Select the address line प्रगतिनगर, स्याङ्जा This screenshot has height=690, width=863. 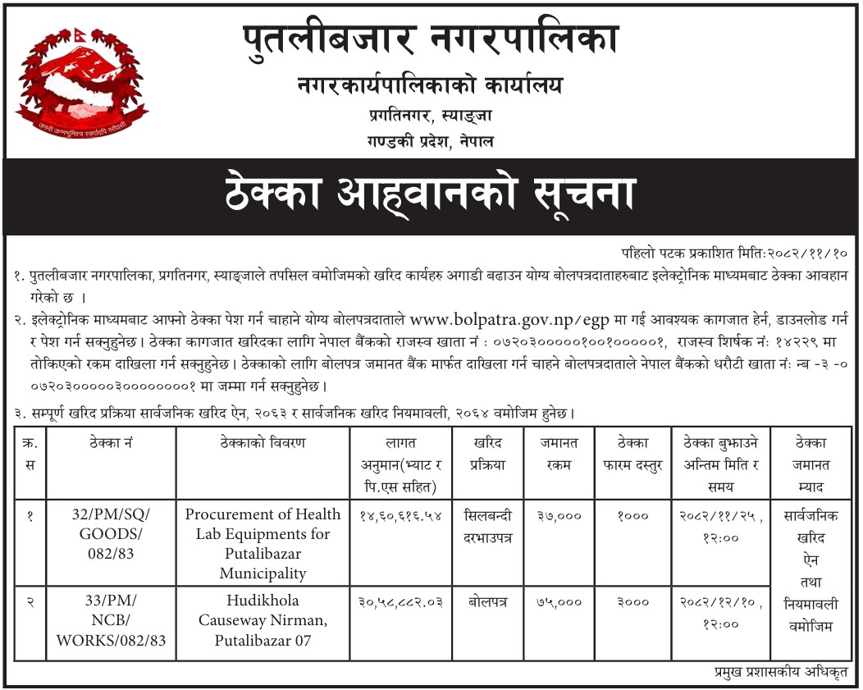tap(431, 117)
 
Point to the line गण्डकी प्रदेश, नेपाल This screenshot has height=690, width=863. tap(431, 141)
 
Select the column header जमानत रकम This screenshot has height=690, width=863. tap(559, 454)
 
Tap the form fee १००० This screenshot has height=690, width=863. tap(632, 515)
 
